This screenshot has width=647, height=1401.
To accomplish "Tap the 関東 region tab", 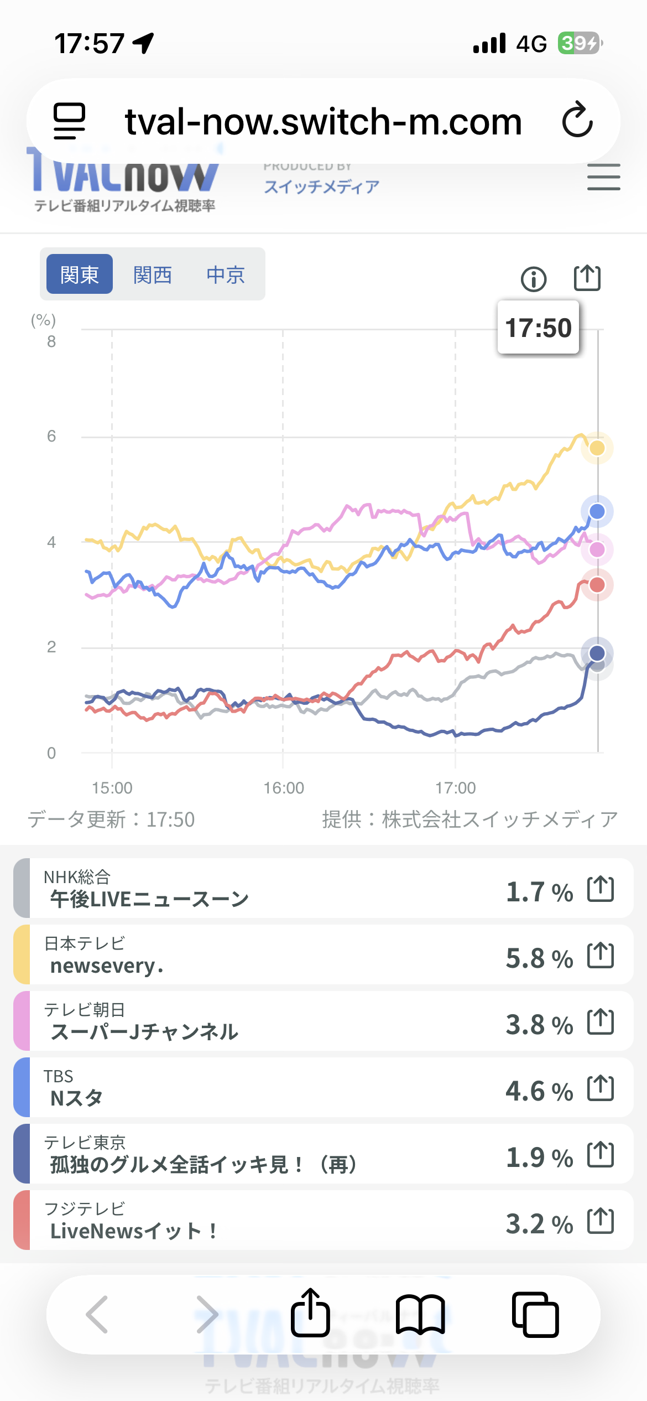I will click(x=79, y=274).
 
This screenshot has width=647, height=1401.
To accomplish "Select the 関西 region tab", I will click(x=153, y=274).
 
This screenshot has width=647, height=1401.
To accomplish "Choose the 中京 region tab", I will click(x=226, y=274).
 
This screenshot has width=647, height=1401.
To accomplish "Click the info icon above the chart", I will click(x=534, y=279).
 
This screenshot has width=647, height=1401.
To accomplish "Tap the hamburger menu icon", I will click(x=603, y=177).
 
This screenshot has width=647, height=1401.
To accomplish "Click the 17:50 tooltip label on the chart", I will click(x=538, y=328).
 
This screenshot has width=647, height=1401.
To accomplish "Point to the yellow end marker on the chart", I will click(x=597, y=448).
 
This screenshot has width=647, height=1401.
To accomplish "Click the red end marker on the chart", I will click(x=597, y=585).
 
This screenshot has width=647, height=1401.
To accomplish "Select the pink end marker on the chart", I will click(x=597, y=549).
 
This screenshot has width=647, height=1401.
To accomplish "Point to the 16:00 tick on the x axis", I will click(x=284, y=787).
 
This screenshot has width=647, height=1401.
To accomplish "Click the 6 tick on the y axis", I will click(x=51, y=437).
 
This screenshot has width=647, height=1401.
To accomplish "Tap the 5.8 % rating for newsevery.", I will click(x=539, y=958).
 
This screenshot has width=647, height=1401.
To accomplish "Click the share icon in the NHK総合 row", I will click(x=601, y=889).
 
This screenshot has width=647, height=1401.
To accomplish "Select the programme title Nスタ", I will click(x=76, y=1098).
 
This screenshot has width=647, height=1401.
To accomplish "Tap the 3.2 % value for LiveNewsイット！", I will click(x=539, y=1224).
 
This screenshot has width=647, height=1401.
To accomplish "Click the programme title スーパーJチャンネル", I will click(x=144, y=1031).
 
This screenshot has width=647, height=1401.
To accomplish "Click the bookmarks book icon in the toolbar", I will click(x=420, y=1314).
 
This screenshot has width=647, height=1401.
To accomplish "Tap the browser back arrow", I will click(x=97, y=1314).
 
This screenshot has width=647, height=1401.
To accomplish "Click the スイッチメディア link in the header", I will click(x=321, y=186).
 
